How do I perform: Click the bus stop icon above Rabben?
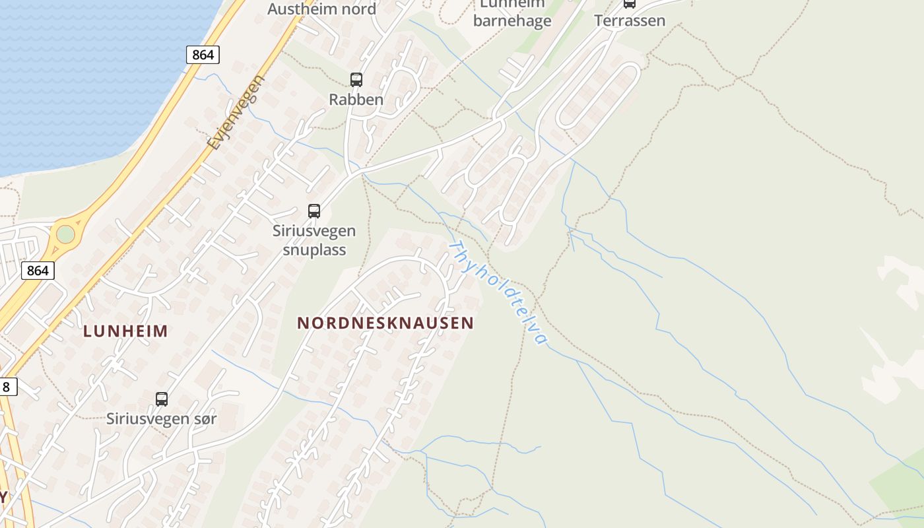tap(356, 80)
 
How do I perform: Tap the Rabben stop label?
tap(356, 100)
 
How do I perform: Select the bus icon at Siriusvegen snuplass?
tap(314, 211)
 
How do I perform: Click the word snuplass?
tap(314, 250)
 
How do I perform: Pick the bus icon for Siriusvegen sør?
tap(162, 399)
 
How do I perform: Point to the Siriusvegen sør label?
tap(162, 418)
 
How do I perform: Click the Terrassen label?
tap(630, 20)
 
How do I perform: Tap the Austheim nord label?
tap(321, 9)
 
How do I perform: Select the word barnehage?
tap(512, 21)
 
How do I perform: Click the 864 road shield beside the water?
tap(203, 55)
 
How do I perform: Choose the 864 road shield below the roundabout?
tap(38, 270)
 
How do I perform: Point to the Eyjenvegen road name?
tap(235, 113)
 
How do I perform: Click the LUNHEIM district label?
tap(125, 331)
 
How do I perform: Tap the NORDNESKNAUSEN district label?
tap(385, 323)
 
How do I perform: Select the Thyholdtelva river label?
tap(498, 292)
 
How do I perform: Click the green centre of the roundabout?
tap(65, 234)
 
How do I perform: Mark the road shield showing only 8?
tap(7, 387)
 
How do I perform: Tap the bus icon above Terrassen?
tap(630, 3)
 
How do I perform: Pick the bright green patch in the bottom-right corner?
tap(901, 488)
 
